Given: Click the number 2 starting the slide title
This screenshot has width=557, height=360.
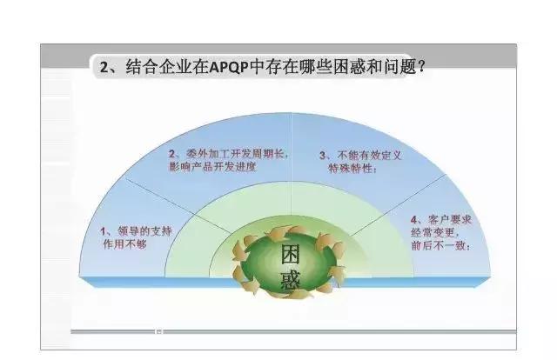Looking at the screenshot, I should pos(105,67).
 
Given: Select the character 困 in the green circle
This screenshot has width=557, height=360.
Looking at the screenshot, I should pos(290,254).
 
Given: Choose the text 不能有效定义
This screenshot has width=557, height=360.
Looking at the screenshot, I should pos(364,155).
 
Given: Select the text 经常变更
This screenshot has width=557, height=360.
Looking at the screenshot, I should pos(434,232).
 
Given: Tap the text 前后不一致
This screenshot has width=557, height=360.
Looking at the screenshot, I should pos(440,245).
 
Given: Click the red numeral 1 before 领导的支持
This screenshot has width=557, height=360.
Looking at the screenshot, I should pos(104,230).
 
